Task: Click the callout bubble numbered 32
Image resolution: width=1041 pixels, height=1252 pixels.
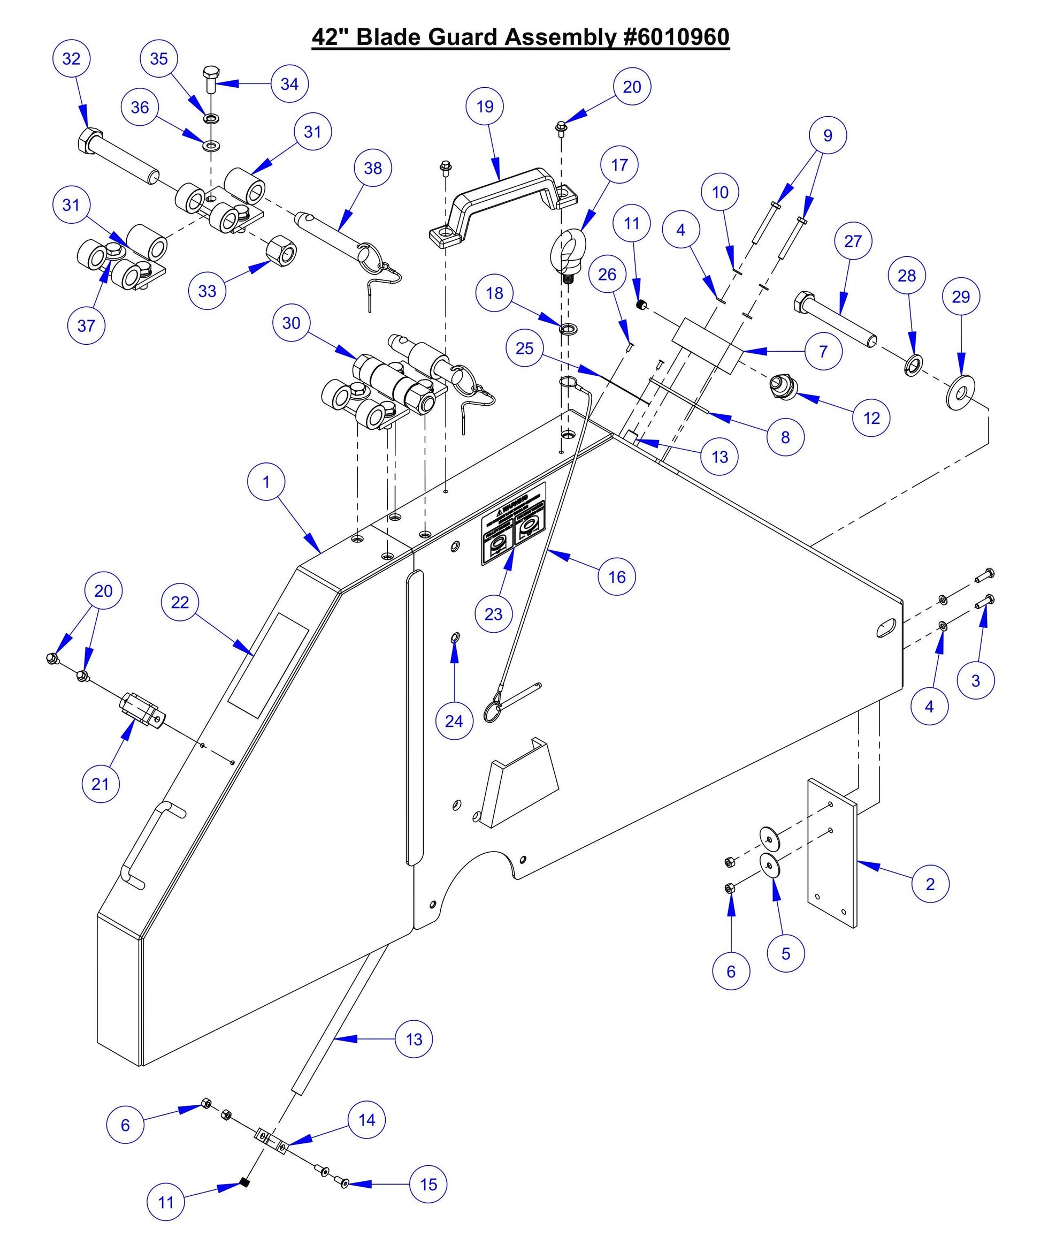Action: click(x=71, y=58)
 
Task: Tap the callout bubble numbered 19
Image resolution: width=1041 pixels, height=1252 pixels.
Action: click(x=485, y=106)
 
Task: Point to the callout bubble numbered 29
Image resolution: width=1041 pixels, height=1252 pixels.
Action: click(x=961, y=297)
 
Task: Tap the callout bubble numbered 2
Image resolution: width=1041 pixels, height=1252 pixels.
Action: click(x=930, y=884)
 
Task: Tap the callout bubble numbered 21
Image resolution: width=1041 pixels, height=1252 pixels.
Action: click(x=100, y=784)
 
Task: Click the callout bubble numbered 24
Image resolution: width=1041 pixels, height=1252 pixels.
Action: click(x=454, y=721)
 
